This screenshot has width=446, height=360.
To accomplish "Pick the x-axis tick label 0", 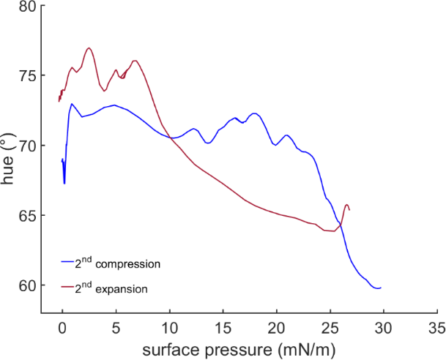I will coord(62,326).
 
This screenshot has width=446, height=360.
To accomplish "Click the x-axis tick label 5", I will coord(116,326).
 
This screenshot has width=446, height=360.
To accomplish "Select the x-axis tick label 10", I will coord(169,326).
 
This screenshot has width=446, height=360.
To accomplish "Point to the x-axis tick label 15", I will coord(223,326).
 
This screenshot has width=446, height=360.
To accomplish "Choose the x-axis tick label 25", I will coord(330,326).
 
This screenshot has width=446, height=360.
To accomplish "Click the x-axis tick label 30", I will coord(384,326).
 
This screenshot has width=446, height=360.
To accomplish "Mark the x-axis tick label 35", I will coord(437,326).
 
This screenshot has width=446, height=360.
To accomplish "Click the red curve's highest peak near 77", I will coord(89,48).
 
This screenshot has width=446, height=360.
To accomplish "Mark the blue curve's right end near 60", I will coord(381,288).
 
